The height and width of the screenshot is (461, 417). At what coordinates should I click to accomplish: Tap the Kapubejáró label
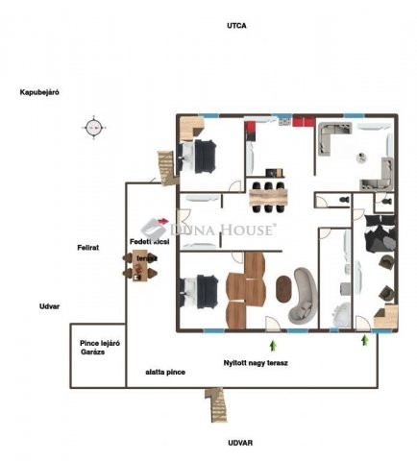point(40,92)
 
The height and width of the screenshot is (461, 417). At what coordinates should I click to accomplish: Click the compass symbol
point(93,126)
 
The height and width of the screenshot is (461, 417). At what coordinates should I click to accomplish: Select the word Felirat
point(89,247)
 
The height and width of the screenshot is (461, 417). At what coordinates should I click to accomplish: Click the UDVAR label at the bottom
point(240,443)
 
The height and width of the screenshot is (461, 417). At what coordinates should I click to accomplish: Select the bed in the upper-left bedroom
point(203,153)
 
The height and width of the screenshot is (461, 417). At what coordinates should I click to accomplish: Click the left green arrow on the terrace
point(273,342)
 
